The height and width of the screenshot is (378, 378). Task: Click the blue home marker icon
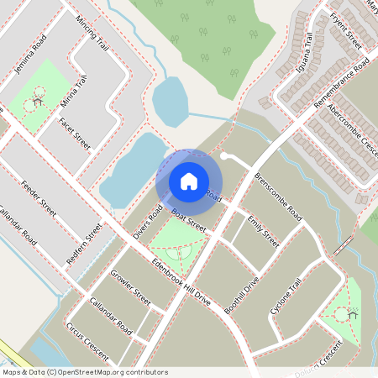point(189,181)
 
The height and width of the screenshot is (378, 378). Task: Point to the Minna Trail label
point(74,94)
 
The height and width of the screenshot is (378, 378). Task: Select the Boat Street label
point(189,221)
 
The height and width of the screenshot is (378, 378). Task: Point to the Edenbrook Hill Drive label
point(179,278)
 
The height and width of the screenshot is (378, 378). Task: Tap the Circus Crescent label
point(87,341)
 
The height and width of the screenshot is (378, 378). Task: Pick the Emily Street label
point(263,232)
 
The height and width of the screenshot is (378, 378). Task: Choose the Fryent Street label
point(346,30)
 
